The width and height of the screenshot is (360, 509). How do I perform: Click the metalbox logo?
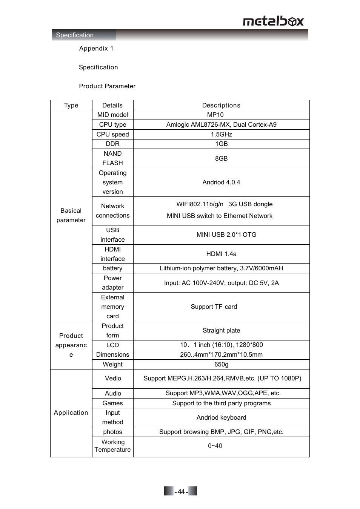click(273, 21)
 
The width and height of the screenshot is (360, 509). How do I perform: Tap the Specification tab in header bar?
click(75, 35)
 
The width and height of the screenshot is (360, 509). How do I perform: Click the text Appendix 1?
click(96, 48)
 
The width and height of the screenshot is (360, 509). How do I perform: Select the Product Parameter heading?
click(107, 86)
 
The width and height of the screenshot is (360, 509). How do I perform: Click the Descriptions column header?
click(221, 105)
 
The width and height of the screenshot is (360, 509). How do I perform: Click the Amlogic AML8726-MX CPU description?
click(221, 124)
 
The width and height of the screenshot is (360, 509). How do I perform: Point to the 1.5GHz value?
click(221, 134)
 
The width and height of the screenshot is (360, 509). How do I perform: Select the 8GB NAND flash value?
click(221, 158)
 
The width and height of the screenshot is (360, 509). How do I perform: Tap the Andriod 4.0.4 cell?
click(221, 182)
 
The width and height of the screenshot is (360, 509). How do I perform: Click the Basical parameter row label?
click(71, 215)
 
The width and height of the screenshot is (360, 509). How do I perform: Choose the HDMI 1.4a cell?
click(221, 254)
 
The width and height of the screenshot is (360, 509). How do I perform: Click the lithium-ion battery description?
click(221, 268)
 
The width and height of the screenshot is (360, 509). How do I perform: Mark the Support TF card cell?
click(214, 307)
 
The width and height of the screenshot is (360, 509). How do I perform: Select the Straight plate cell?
click(221, 330)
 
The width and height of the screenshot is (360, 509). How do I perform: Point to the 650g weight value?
click(221, 364)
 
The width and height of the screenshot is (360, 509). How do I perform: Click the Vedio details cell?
click(113, 378)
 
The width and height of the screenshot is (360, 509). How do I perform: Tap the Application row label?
click(71, 412)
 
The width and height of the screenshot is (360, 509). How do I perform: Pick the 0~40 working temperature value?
click(215, 446)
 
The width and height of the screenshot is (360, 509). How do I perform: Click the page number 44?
click(181, 492)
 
